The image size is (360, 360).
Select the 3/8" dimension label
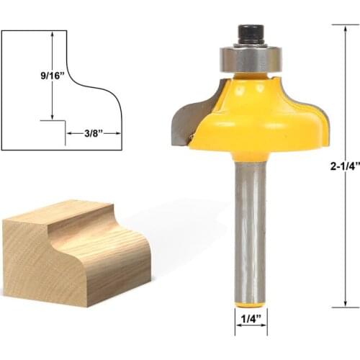pos(91,132)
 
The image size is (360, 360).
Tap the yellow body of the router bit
pos(259,119)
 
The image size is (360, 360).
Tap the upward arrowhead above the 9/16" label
pos(53,34)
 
